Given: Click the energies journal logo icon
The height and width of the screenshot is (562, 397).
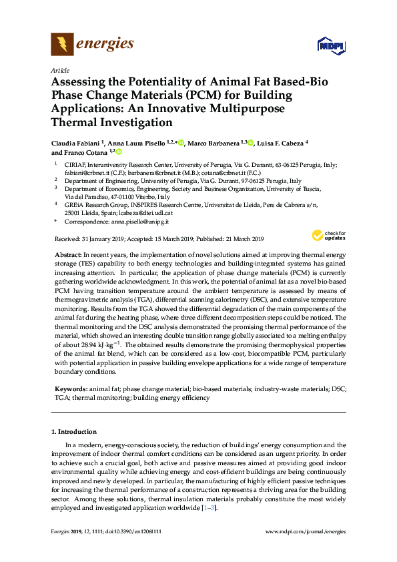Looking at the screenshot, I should click(62, 45).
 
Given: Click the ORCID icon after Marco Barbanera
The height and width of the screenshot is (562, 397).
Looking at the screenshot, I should click(251, 142).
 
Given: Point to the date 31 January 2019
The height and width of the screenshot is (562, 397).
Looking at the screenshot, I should click(101, 239).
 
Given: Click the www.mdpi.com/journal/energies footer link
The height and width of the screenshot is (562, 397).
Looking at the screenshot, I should click(306, 532).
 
